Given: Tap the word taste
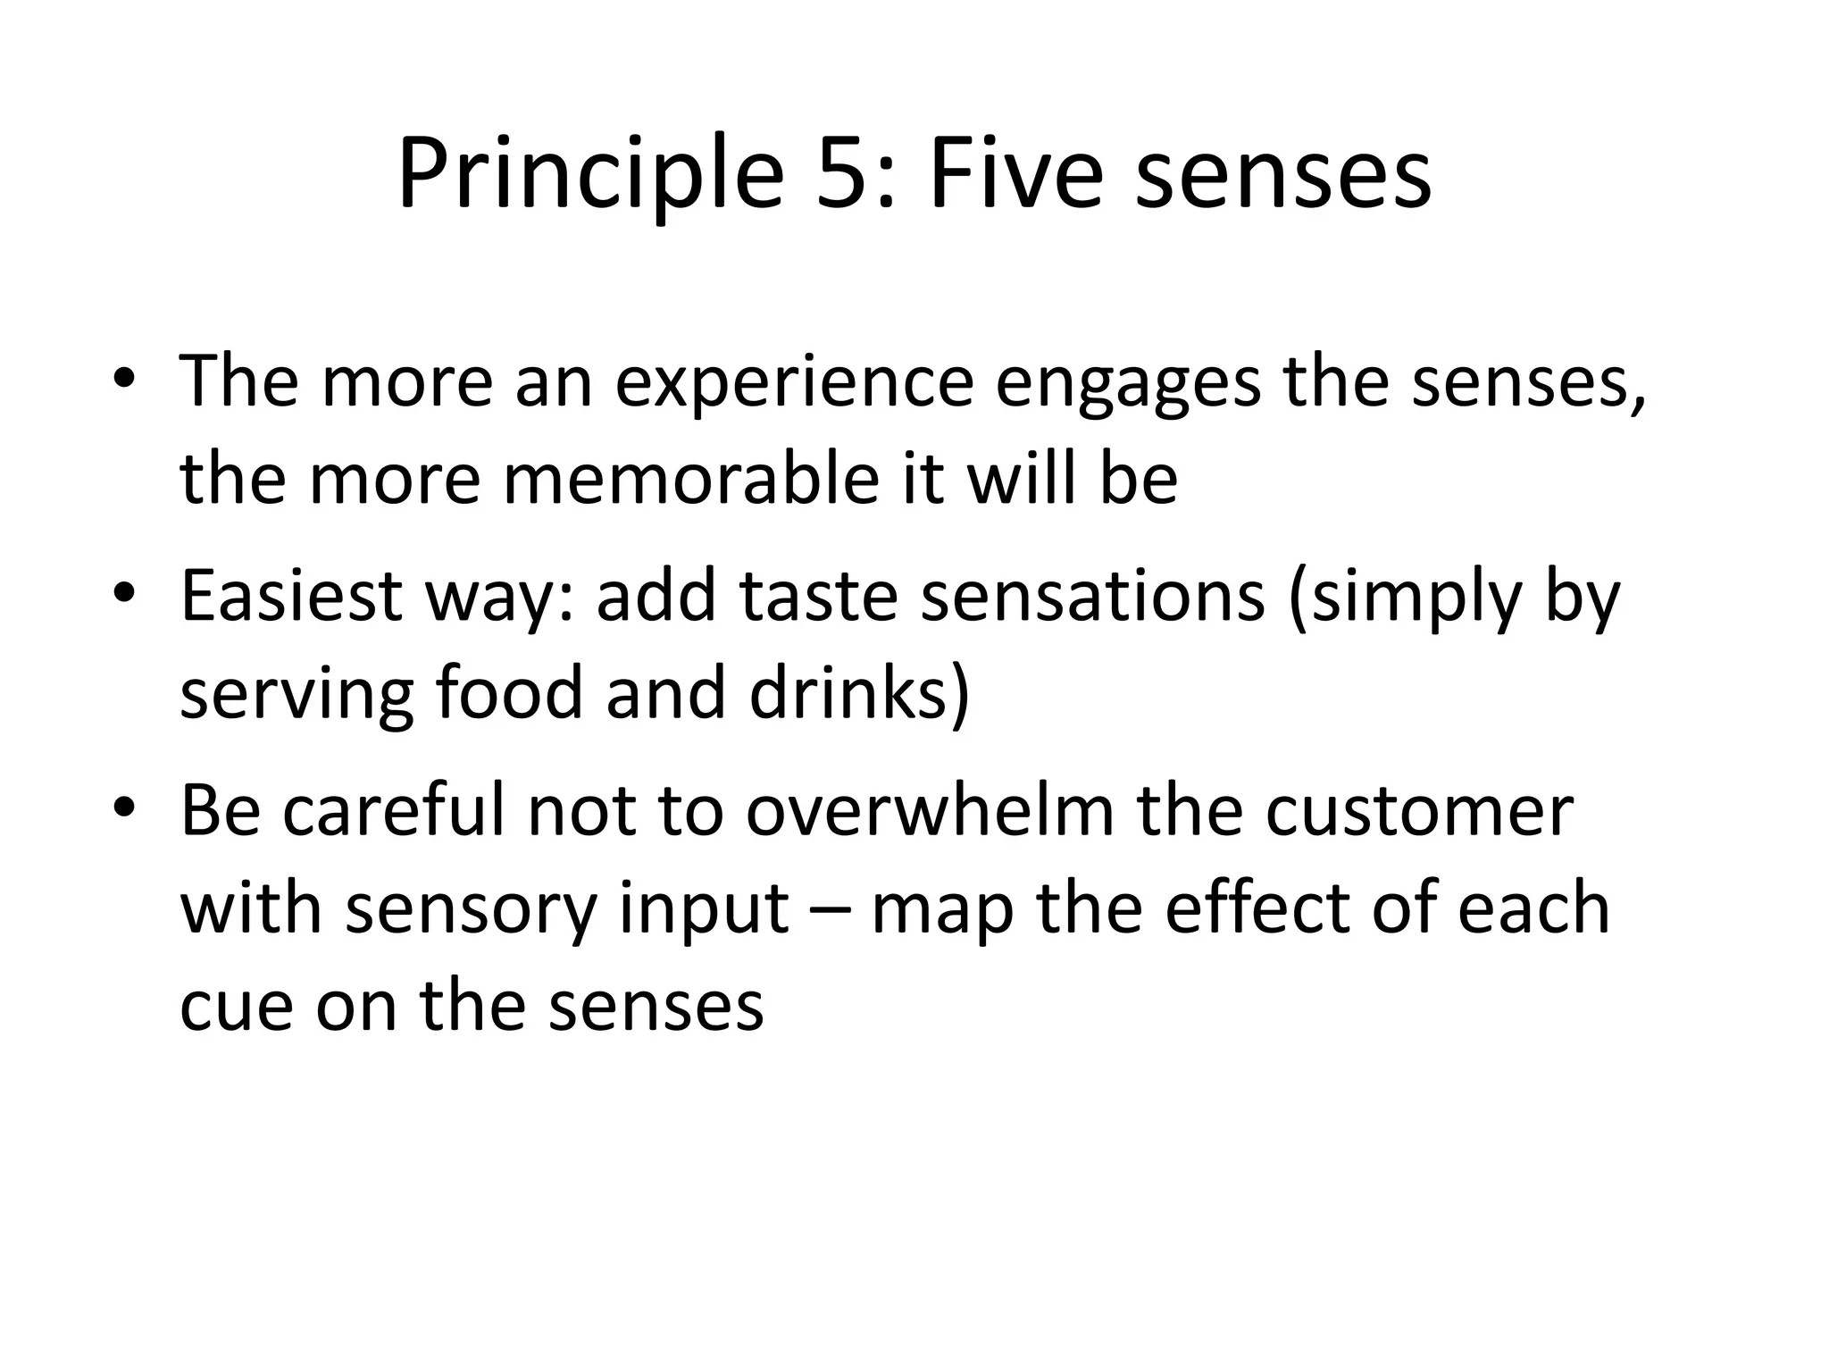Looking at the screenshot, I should tap(818, 597).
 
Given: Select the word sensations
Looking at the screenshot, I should tap(1092, 597).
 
